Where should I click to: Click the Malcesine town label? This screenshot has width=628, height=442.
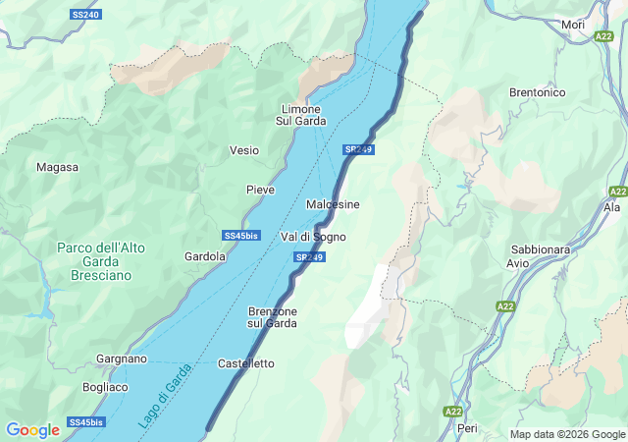[333, 204]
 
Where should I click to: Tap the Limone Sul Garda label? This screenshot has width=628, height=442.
[300, 115]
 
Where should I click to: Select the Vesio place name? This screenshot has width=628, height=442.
[244, 150]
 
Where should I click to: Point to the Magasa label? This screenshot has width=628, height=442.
[57, 167]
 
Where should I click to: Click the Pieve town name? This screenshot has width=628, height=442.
[260, 189]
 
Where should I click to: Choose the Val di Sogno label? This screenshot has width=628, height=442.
[313, 237]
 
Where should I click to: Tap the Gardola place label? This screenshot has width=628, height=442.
[205, 256]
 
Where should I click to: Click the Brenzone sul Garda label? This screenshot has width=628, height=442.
[272, 316]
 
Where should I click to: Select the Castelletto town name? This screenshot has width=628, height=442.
[245, 363]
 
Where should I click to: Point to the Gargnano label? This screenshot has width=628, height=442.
[122, 359]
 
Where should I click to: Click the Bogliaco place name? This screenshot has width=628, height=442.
[105, 387]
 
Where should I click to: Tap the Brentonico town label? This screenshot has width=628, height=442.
[537, 92]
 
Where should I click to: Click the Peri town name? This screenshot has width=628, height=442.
[467, 429]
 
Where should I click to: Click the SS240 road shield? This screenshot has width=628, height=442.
[86, 16]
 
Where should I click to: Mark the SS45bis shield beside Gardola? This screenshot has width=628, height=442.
[240, 236]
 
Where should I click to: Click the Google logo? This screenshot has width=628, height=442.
[32, 430]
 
